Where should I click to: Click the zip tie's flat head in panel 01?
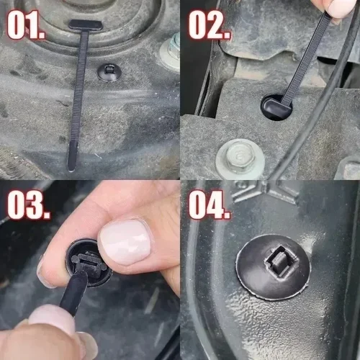[86, 25]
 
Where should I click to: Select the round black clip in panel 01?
[108, 71]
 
